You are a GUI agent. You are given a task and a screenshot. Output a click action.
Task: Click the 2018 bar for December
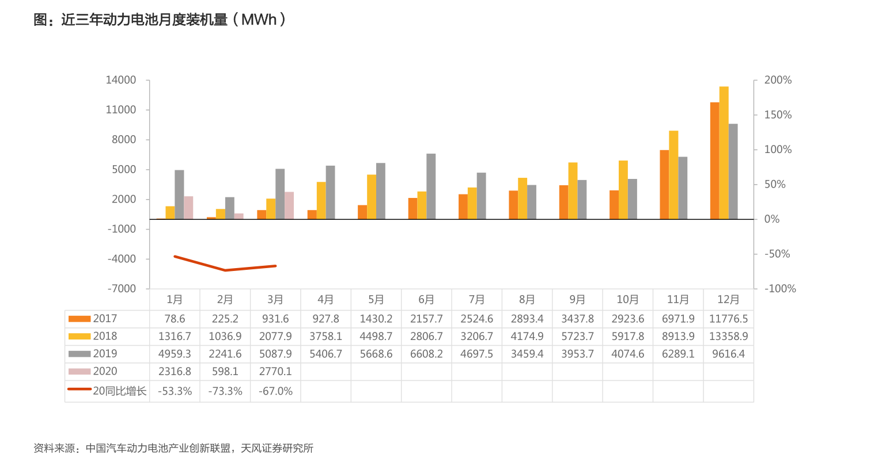point(724,152)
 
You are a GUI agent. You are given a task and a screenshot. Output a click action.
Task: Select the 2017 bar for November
point(664,184)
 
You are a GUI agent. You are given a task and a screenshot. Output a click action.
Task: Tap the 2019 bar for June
point(431,186)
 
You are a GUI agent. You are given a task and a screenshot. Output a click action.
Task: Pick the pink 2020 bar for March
point(289,205)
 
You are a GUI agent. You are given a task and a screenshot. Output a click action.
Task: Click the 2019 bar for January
point(179,194)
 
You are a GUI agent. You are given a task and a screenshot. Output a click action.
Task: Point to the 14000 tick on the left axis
point(121,80)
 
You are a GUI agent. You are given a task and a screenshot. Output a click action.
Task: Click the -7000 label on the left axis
point(121,288)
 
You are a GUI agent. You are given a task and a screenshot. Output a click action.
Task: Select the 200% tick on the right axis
point(778,80)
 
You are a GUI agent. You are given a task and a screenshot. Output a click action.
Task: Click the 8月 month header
point(527,300)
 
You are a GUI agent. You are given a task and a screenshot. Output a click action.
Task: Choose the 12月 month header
point(728,300)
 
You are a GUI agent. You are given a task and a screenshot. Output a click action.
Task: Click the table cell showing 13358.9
point(728,336)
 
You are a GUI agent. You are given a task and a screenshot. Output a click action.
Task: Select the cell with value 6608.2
point(426,354)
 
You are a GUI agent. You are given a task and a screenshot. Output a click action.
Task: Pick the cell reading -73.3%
point(225,391)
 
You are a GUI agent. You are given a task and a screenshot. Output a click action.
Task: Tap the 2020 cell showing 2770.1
point(275,372)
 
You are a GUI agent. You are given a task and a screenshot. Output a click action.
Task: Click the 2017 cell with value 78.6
point(175,319)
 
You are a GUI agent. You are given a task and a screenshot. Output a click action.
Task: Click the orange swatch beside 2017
point(80,319)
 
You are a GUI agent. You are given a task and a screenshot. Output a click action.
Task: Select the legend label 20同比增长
point(120,391)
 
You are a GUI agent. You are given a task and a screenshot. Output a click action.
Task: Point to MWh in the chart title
point(259,20)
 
